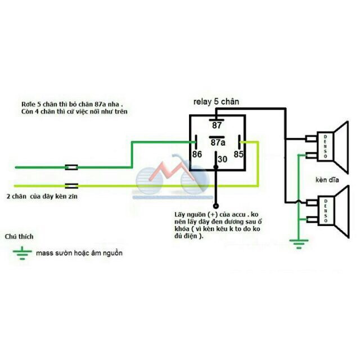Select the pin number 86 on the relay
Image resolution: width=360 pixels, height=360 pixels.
pyautogui.click(x=197, y=153)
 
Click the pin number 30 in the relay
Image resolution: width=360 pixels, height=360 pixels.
pyautogui.click(x=223, y=160)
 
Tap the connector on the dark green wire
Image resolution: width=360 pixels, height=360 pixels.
pyautogui.click(x=72, y=166)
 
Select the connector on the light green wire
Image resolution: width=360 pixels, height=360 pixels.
pyautogui.click(x=72, y=185)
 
